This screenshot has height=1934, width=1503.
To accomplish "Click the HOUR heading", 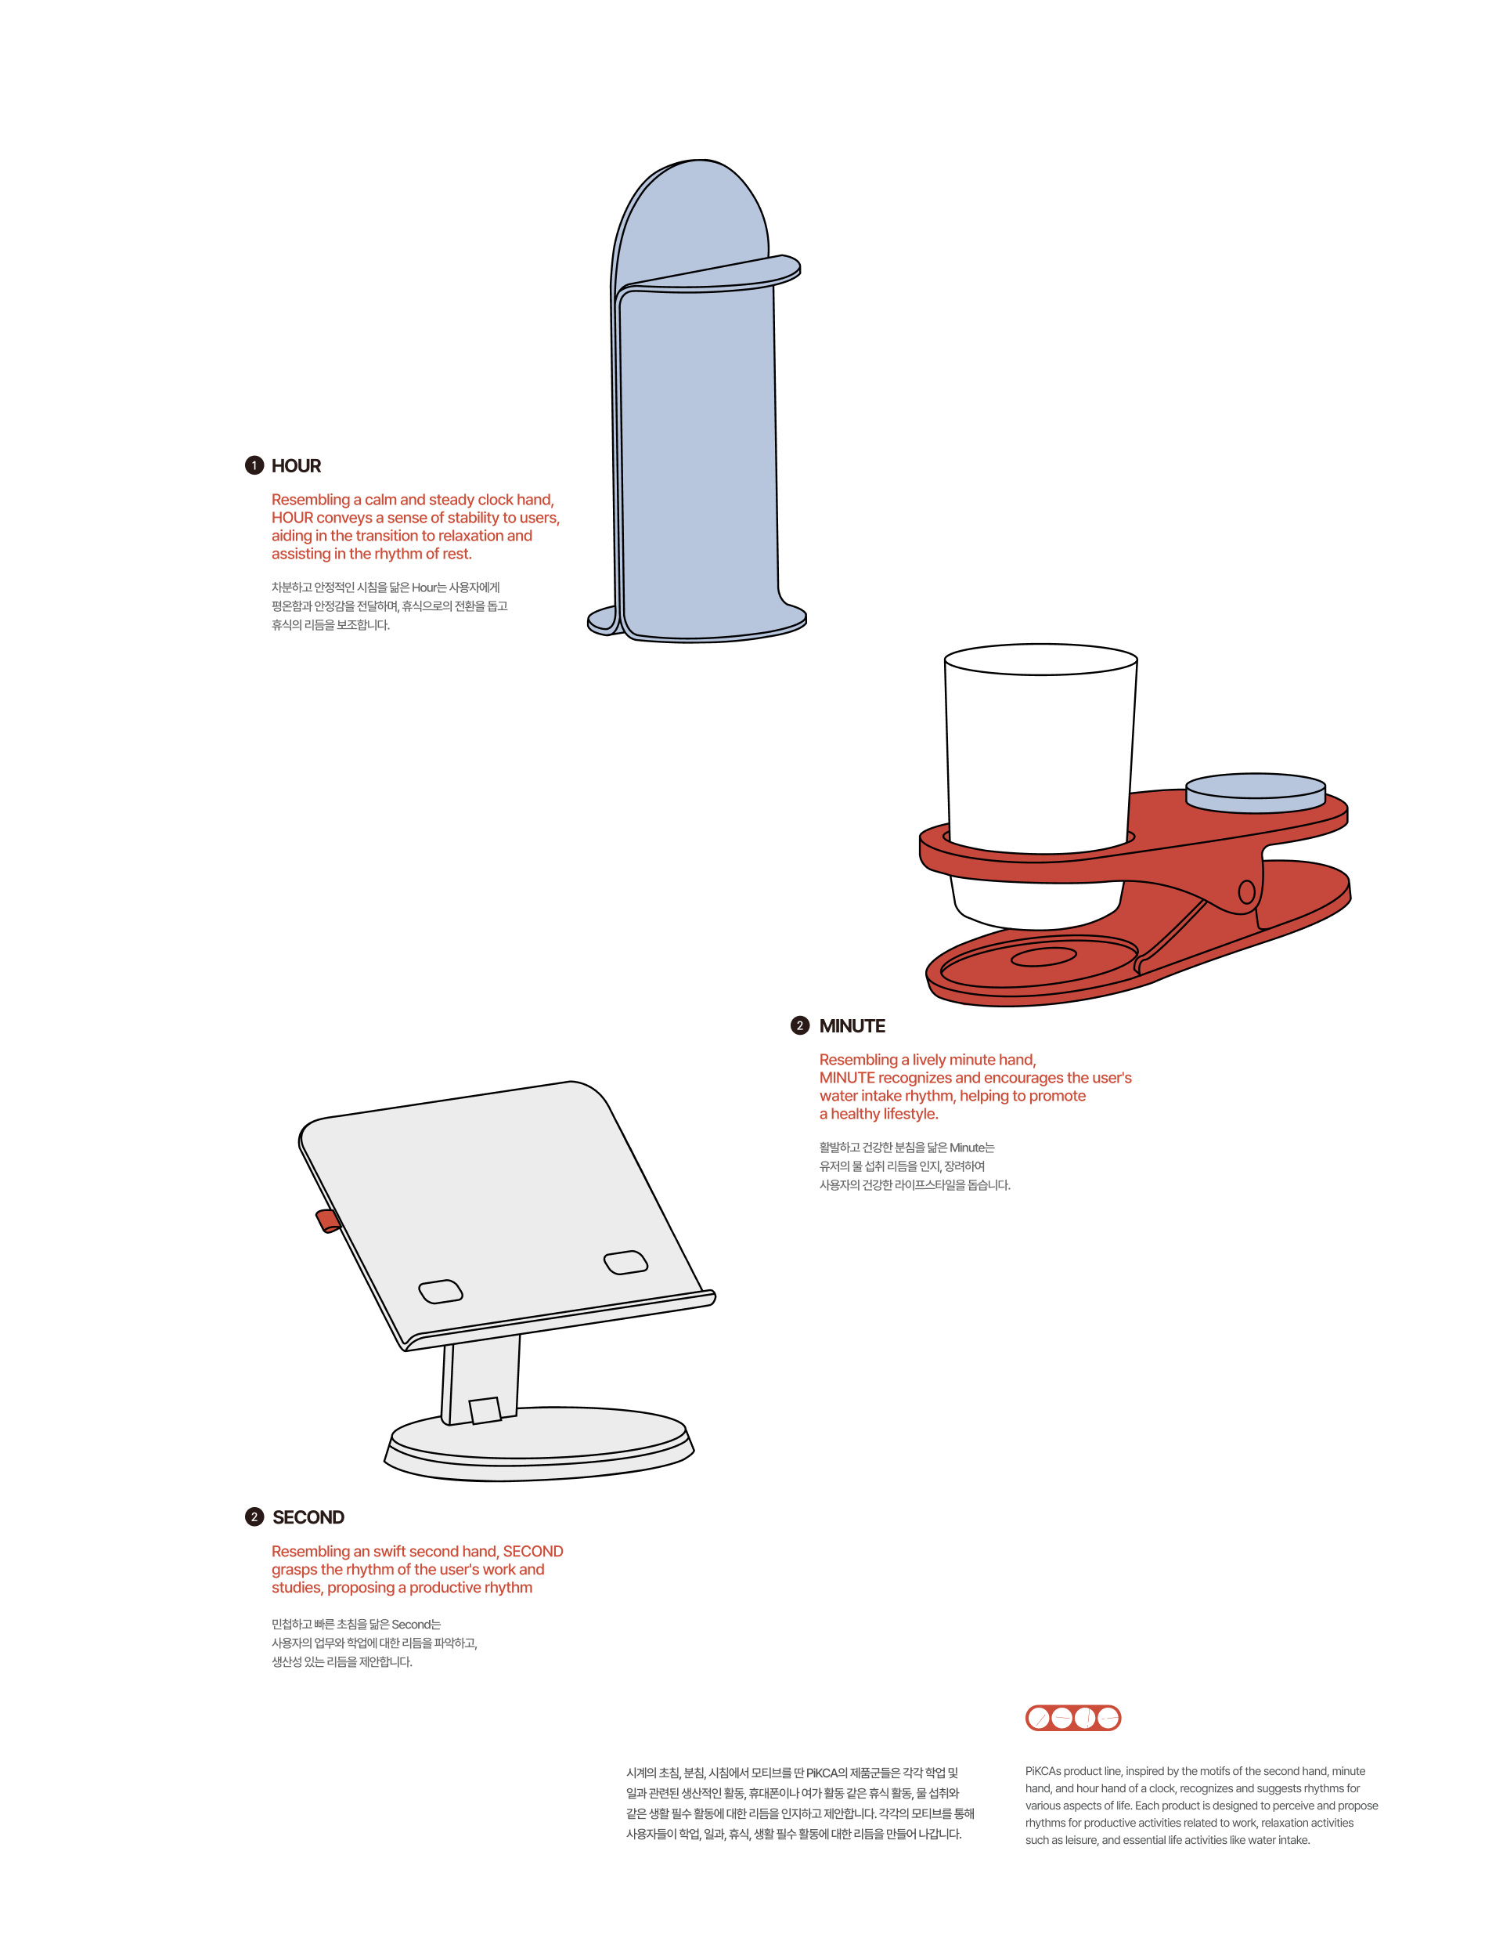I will pyautogui.click(x=296, y=466).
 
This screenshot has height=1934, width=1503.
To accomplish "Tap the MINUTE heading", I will pyautogui.click(x=852, y=1025).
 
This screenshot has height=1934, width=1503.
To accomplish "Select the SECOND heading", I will pyautogui.click(x=308, y=1517).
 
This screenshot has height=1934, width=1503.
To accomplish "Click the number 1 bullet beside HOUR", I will pyautogui.click(x=254, y=466).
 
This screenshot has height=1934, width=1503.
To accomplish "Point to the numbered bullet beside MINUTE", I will pyautogui.click(x=799, y=1025).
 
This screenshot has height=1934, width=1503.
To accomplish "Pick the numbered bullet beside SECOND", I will pyautogui.click(x=254, y=1517).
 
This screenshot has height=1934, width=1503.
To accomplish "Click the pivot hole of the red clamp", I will pyautogui.click(x=1246, y=891).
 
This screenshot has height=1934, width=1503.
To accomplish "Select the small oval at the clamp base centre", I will pyautogui.click(x=1043, y=956).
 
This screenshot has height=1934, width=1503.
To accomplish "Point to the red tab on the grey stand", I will pyautogui.click(x=327, y=1220).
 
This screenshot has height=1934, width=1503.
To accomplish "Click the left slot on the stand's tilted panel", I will pyautogui.click(x=440, y=1291).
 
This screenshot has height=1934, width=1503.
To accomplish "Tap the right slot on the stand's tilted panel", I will pyautogui.click(x=625, y=1262).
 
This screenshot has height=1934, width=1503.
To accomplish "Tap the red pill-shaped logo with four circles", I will pyautogui.click(x=1072, y=1718).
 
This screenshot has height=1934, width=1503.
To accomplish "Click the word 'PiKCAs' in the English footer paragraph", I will pyautogui.click(x=1043, y=1771).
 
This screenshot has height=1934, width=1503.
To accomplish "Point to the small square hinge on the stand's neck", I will pyautogui.click(x=485, y=1410).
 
